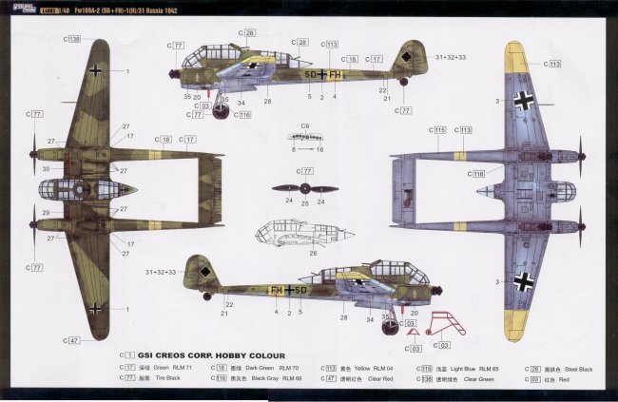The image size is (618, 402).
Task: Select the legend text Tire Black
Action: (155, 379)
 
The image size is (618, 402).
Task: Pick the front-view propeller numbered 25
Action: (304, 188)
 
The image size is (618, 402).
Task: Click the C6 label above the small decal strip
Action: (304, 125)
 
